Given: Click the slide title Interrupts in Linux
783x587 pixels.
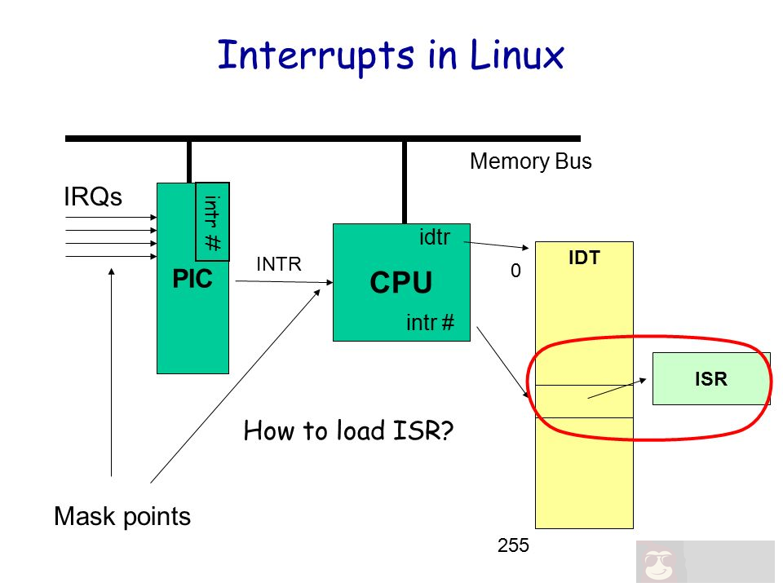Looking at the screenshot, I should coord(391,55).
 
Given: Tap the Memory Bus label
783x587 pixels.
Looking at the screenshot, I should coord(531,161).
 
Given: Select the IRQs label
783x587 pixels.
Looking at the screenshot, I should coord(93,197).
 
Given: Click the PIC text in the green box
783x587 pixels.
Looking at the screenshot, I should coord(192,280).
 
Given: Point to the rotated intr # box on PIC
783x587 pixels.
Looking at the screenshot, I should coord(213,220).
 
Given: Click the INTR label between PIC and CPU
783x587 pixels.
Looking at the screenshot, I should coord(279,264).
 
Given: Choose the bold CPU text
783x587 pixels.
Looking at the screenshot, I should coord(400,283).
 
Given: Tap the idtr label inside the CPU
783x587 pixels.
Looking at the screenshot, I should coord(435,236).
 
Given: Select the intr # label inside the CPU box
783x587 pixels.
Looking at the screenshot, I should coord(430,324).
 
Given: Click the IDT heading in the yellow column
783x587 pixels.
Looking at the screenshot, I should coord(585,258).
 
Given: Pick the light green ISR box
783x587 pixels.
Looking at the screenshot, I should coord(710,378).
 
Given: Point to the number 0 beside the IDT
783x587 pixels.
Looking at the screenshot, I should coord(515,270).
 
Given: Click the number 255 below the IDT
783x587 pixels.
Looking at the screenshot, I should coord(514,546).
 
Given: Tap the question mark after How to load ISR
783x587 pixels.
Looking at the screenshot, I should coord(446,430).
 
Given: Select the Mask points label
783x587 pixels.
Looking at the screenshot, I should coord(122,516).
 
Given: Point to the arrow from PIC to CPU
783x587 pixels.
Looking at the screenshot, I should coord(282,282).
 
